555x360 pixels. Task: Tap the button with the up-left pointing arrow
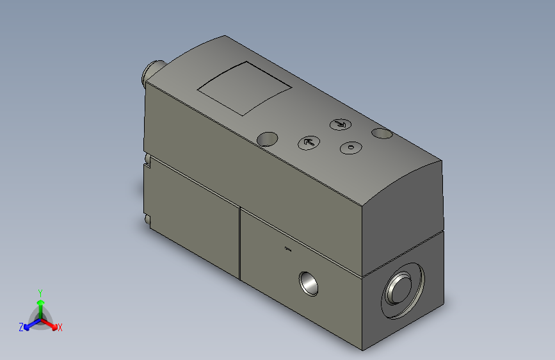pyautogui.click(x=309, y=142)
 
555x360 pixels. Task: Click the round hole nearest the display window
pyautogui.click(x=268, y=138)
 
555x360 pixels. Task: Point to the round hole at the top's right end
pyautogui.click(x=382, y=133)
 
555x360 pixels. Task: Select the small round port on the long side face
pyautogui.click(x=309, y=282)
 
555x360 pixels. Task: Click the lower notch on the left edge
pyautogui.click(x=149, y=220)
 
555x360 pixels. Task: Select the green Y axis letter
pyautogui.click(x=40, y=291)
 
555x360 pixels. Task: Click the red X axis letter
pyautogui.click(x=60, y=327)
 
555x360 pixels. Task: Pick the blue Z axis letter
pyautogui.click(x=21, y=327)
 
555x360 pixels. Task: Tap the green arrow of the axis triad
pyautogui.click(x=40, y=303)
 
